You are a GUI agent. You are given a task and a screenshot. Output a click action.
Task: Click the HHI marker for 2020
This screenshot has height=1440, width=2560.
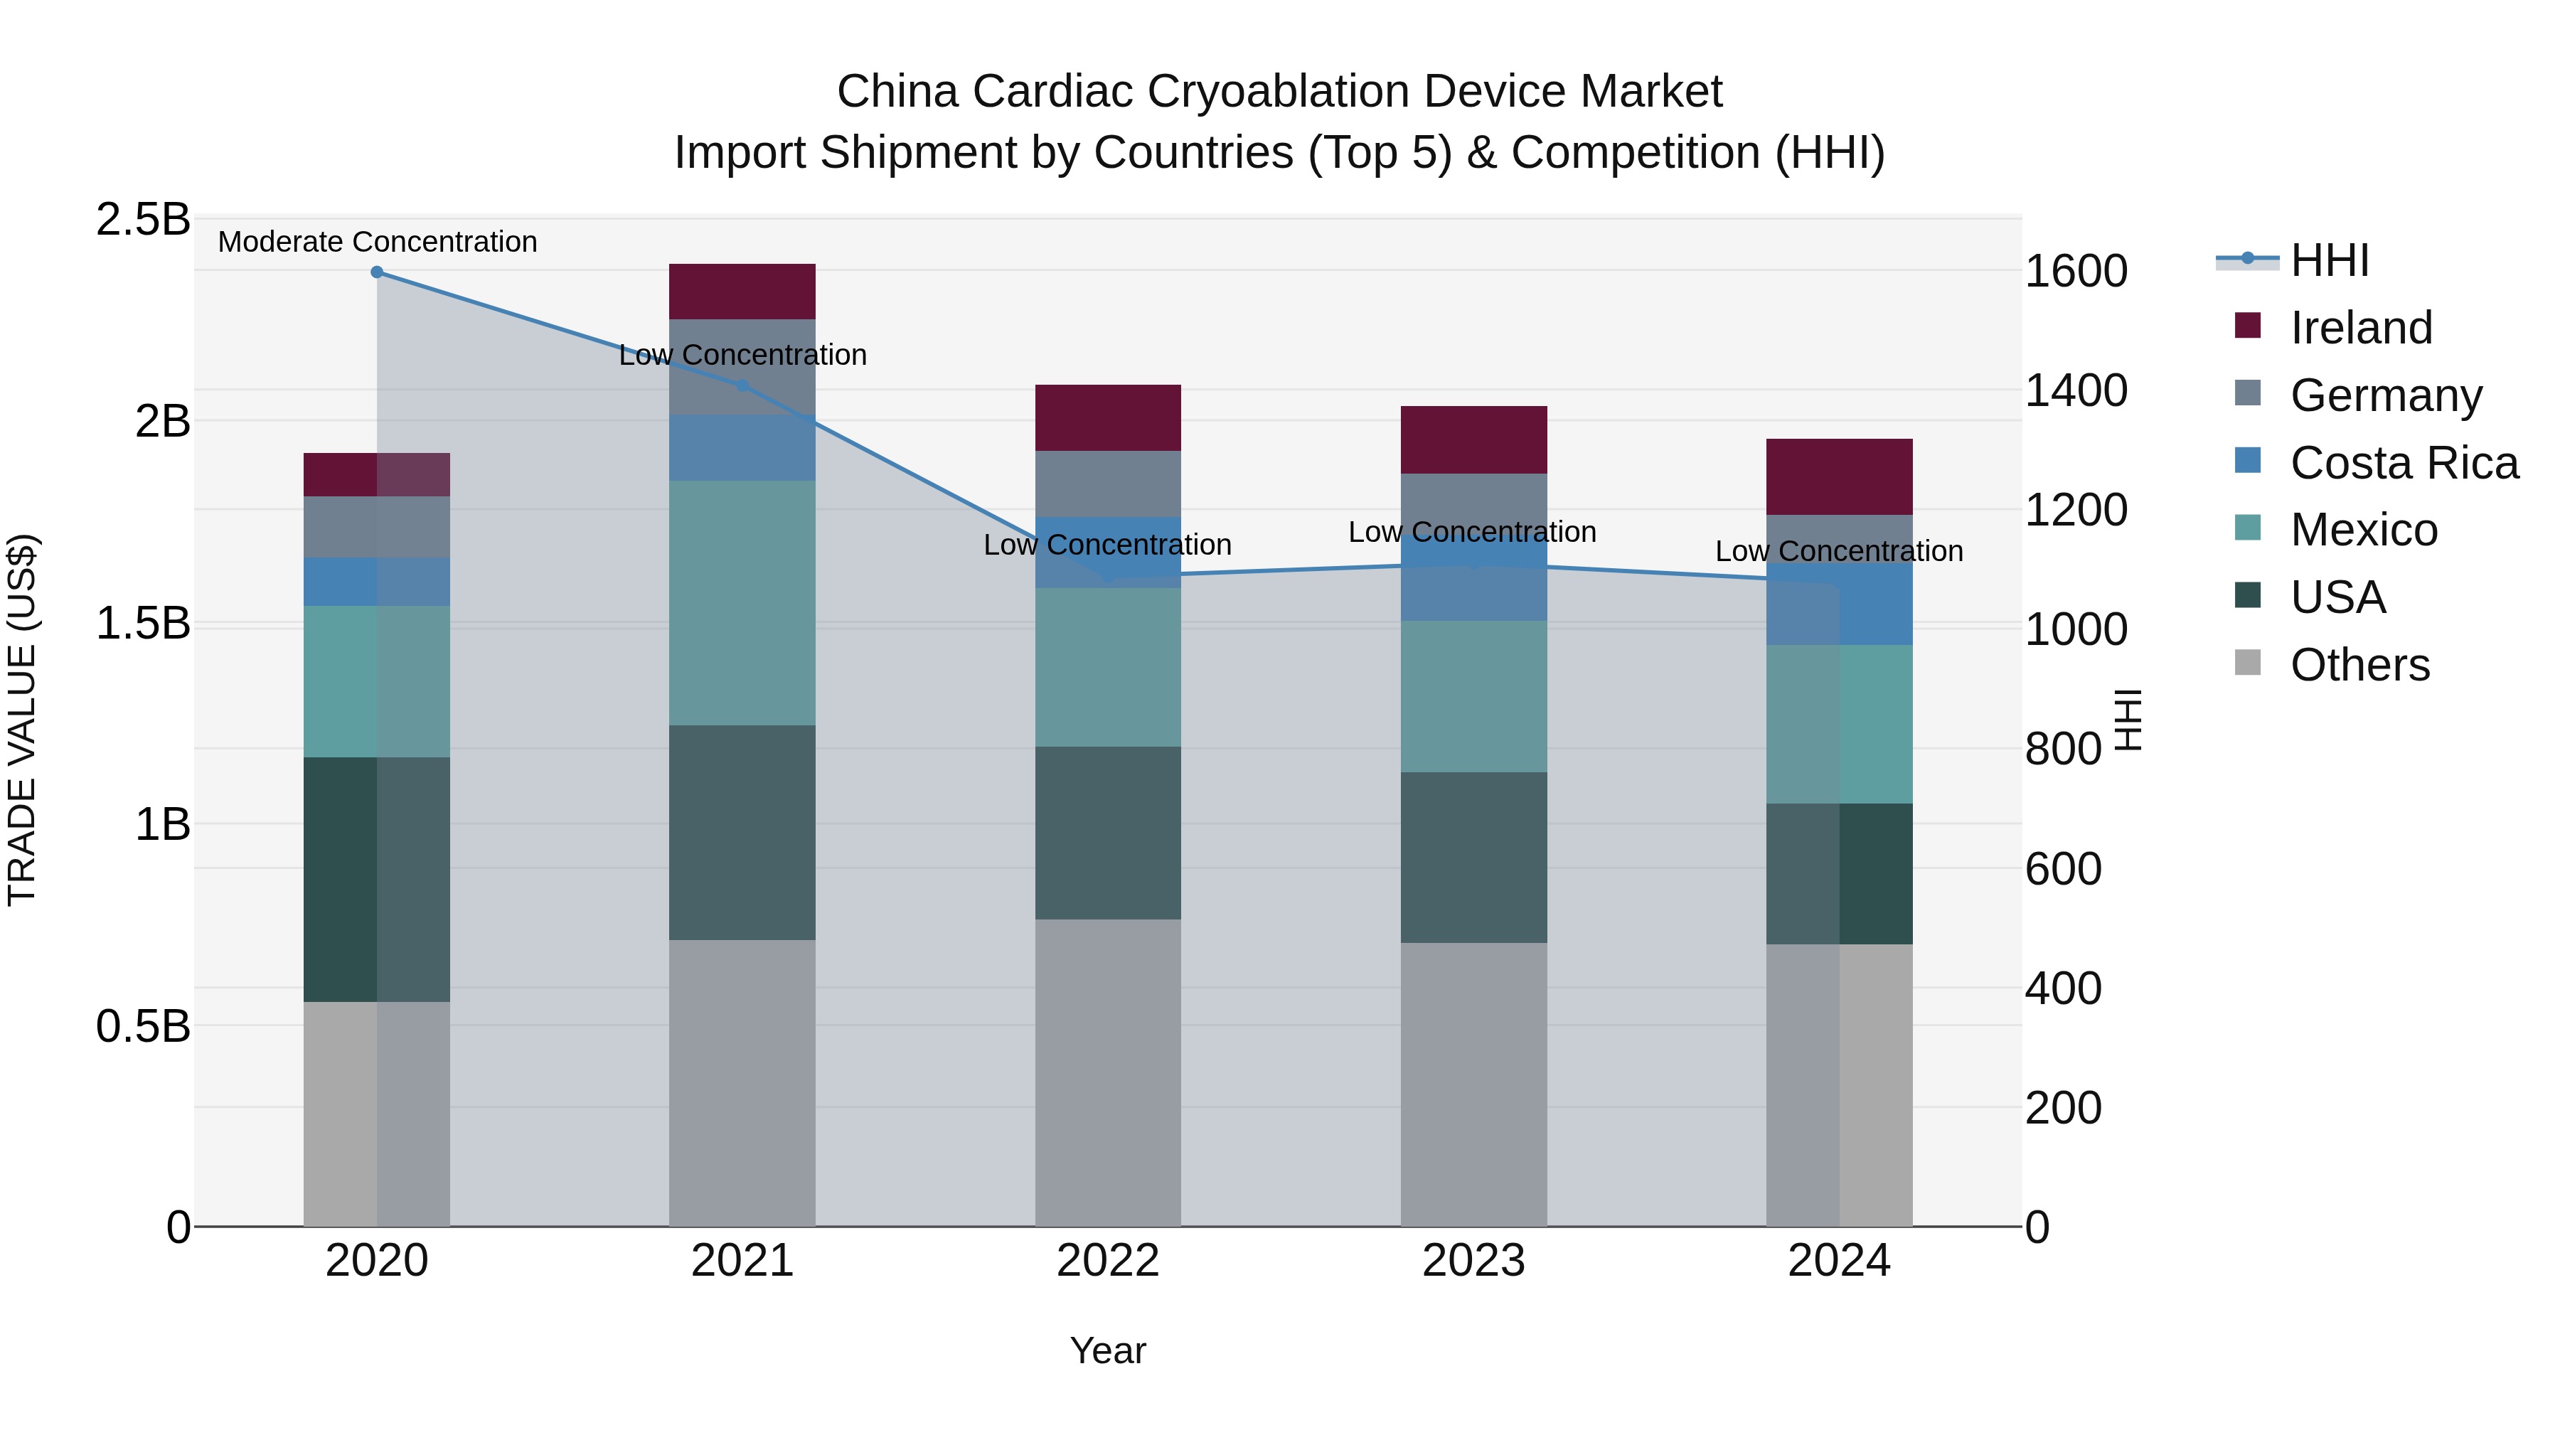pos(377,272)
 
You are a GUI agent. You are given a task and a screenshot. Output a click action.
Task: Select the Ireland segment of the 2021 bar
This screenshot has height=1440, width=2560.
pos(742,291)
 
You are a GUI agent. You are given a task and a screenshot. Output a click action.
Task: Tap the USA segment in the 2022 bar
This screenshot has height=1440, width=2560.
pos(1107,833)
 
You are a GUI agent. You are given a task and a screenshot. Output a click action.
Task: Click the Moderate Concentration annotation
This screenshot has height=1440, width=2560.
pos(377,242)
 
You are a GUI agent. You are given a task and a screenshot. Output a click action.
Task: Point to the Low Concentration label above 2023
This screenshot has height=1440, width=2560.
pos(1472,532)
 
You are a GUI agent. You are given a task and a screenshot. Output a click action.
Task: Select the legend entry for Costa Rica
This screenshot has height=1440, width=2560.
pos(2403,463)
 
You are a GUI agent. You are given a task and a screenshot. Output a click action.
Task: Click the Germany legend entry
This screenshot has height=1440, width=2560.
pos(2385,395)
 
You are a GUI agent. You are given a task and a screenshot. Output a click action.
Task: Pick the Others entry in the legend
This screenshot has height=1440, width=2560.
pos(2359,665)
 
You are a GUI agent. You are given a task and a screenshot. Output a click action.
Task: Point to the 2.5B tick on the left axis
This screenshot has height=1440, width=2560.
pos(143,220)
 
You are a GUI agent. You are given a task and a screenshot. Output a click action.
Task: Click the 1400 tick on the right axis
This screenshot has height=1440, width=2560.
pos(2076,390)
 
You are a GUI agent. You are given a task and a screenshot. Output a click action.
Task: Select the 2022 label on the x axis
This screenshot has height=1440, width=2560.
pos(1107,1261)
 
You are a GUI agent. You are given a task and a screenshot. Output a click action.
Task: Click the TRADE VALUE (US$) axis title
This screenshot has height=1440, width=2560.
pos(22,720)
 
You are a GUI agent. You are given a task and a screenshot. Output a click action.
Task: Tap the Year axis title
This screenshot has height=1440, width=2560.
pos(1107,1350)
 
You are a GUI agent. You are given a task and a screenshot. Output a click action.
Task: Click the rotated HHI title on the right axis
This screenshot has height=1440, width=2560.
pos(2128,720)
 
